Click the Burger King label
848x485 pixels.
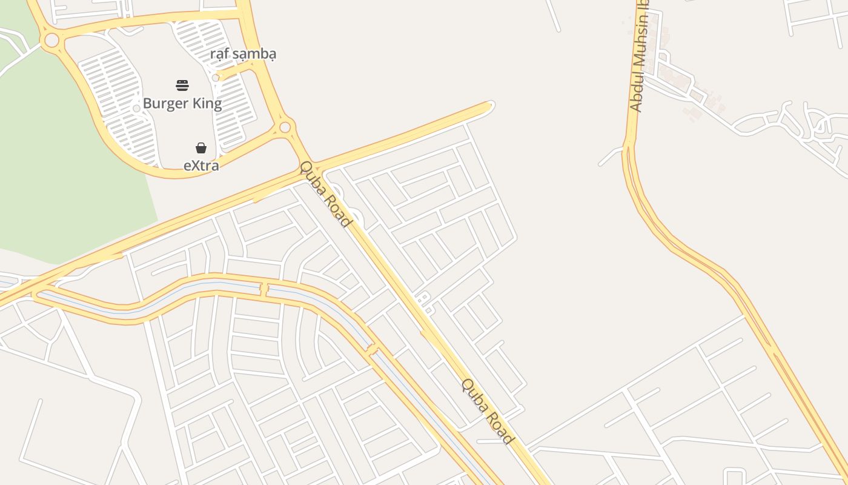tap(182, 104)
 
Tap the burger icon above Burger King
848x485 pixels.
tap(182, 85)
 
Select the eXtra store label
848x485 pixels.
tap(201, 165)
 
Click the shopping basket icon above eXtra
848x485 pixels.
tap(201, 148)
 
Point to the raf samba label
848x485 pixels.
tap(243, 54)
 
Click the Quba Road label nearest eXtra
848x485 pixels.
tap(326, 194)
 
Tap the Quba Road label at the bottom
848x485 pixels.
tap(488, 412)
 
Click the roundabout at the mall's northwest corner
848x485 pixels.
tap(52, 41)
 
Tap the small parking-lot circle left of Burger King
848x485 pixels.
tap(137, 108)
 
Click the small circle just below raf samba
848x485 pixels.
tap(216, 78)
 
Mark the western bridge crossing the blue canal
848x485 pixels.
tap(264, 289)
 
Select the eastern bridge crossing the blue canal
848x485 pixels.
tap(372, 349)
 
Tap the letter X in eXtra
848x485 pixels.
tap(194, 165)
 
